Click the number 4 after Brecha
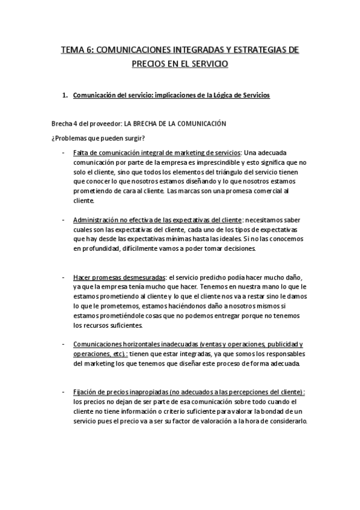75,123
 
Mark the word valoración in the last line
224,421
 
